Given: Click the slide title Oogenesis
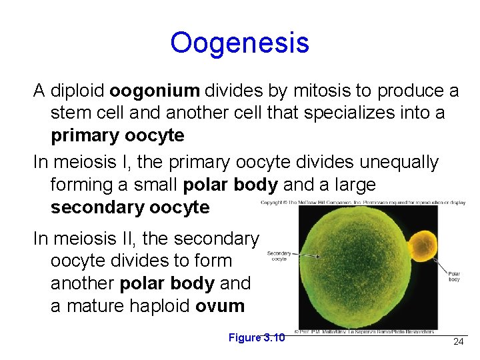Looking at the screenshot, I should pyautogui.click(x=239, y=43).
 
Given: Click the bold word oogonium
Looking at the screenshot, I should pyautogui.click(x=155, y=91).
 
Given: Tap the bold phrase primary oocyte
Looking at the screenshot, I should pyautogui.click(x=117, y=135).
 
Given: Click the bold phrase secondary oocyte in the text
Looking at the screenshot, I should pyautogui.click(x=130, y=207).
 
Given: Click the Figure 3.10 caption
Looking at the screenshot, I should pyautogui.click(x=257, y=337).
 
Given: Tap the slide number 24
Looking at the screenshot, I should pyautogui.click(x=458, y=341).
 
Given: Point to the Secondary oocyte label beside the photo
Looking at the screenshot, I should pyautogui.click(x=279, y=255).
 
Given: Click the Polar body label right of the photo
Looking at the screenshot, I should pyautogui.click(x=453, y=276).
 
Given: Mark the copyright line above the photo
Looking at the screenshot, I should pyautogui.click(x=363, y=201).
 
